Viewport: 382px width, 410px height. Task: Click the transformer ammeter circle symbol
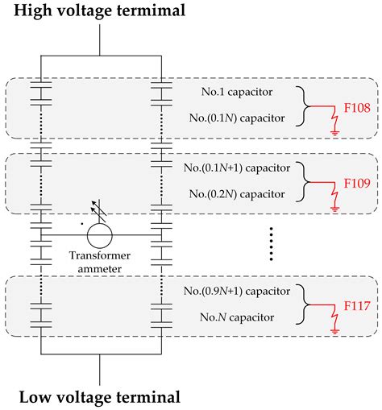coord(101,235)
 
